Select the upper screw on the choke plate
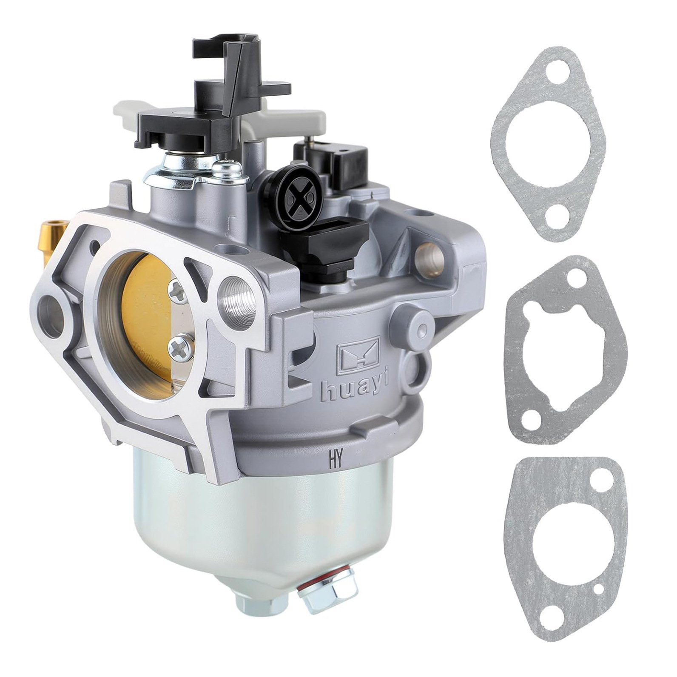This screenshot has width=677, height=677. (x=176, y=290)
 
